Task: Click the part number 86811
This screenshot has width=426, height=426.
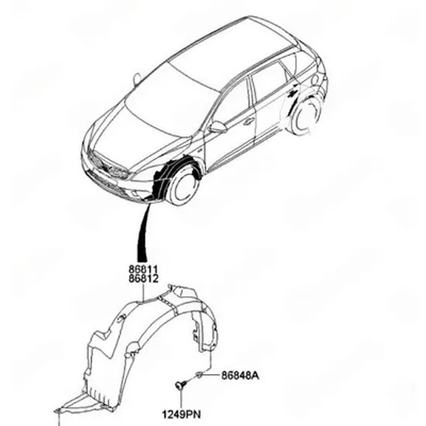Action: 143,270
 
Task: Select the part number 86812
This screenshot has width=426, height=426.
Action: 143,279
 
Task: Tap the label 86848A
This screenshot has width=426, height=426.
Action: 240,376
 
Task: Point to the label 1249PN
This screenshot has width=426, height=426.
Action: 181,414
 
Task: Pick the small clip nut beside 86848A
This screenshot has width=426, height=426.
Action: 199,375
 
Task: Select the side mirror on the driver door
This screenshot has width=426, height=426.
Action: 218,127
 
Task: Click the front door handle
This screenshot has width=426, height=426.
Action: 248,122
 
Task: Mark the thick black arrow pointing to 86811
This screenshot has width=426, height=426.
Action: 143,232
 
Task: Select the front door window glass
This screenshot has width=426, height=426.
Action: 233,103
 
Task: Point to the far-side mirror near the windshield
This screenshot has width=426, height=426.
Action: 137,78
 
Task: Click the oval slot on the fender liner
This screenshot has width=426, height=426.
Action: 120,318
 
